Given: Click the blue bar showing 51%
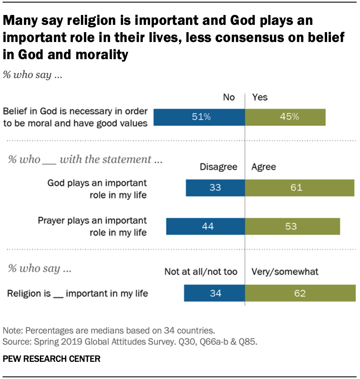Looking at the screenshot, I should [199, 117].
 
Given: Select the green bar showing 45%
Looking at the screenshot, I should [285, 117].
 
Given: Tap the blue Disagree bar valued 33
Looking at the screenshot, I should [215, 188].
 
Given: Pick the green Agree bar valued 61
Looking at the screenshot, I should [300, 188].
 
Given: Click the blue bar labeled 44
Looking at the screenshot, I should [205, 226].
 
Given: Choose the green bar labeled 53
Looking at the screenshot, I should [292, 226].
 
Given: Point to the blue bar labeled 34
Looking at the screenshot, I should [214, 294].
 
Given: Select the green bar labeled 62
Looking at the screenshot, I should [300, 294].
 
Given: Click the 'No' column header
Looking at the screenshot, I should [229, 97].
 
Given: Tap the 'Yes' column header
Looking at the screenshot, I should [260, 97].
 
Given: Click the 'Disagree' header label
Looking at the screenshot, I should [219, 167].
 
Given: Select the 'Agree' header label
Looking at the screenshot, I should [264, 167].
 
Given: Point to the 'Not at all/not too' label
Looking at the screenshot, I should [201, 271].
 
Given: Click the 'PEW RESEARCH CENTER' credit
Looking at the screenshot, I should [51, 359].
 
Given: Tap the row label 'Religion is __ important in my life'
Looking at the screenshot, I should [78, 294].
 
